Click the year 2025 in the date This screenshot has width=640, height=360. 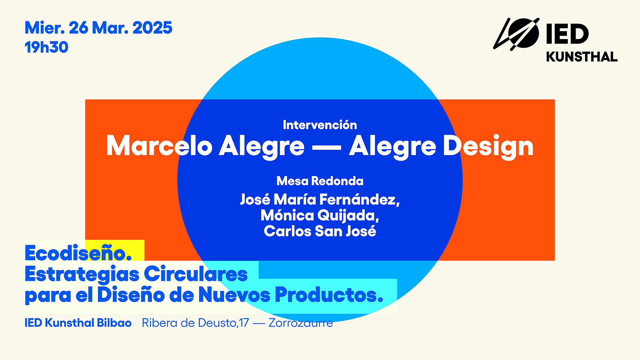tap(152, 28)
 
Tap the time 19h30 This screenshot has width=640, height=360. tap(46, 47)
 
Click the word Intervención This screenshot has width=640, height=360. tap(320, 125)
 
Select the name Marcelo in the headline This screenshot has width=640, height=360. tap(159, 146)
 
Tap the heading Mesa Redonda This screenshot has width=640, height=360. tap(320, 181)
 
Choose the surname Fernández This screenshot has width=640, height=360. tap(359, 199)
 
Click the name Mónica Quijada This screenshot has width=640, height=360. tap(320, 215)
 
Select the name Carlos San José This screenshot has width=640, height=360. tap(320, 231)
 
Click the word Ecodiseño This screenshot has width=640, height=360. tap(78, 253)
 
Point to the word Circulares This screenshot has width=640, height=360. tap(196, 274)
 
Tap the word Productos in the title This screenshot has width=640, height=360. tap(329, 295)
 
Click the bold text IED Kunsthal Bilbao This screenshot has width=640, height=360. tap(78, 323)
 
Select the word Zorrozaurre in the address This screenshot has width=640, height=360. tap(301, 323)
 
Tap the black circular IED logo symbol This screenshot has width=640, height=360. tap(516, 34)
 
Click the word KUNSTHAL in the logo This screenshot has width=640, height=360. tap(582, 57)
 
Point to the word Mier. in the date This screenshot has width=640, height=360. tap(45, 28)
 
